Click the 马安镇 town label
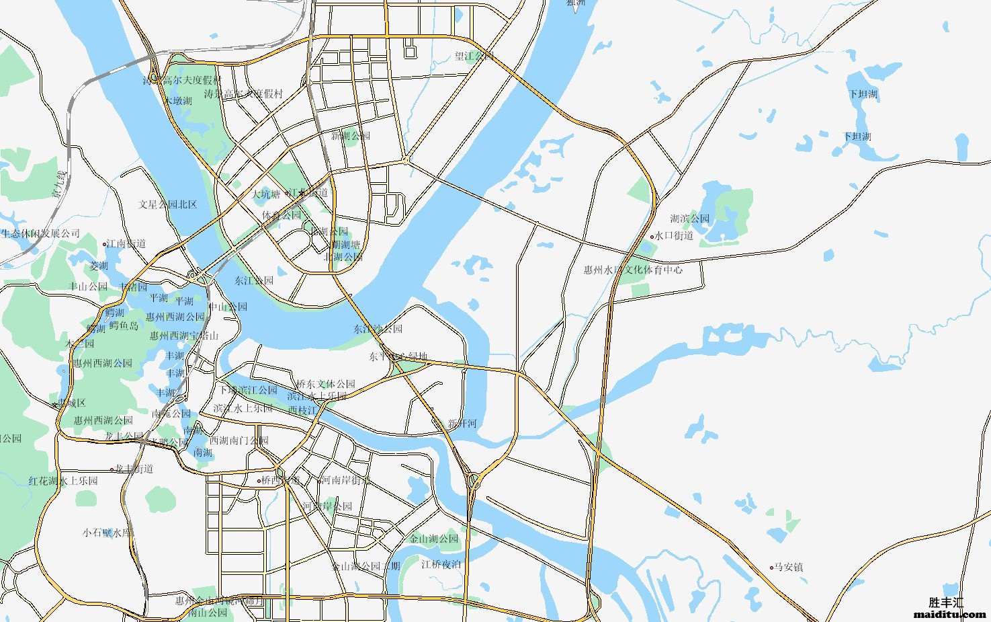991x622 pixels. tap(789, 567)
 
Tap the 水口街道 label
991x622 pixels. tap(674, 236)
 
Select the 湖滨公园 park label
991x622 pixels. tap(689, 219)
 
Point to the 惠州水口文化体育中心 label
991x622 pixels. tap(632, 270)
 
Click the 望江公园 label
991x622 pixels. tap(474, 56)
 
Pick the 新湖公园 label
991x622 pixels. tap(350, 136)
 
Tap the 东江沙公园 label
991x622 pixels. tap(378, 329)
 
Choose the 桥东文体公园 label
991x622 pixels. tap(326, 384)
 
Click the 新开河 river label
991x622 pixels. tap(462, 424)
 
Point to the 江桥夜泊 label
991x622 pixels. tap(441, 564)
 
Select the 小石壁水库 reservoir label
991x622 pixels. tap(107, 532)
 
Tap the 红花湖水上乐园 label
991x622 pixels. tap(63, 481)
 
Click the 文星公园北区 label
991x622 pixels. tap(168, 204)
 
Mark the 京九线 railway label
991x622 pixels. tap(60, 185)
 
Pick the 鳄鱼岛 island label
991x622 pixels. tap(124, 325)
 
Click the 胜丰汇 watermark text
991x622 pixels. tap(946, 603)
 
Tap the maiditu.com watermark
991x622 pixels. tap(950, 614)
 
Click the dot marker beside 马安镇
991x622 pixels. tap(771, 568)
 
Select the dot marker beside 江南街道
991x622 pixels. tap(105, 244)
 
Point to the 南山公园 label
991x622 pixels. tap(208, 613)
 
